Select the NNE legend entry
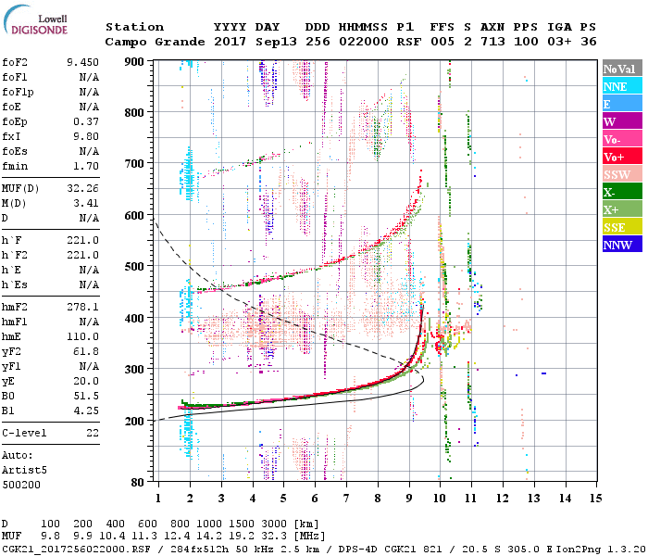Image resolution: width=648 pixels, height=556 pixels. point(621,86)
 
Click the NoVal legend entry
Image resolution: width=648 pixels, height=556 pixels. point(621,69)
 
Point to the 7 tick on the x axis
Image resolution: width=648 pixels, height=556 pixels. point(346,498)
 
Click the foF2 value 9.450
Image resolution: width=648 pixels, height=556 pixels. point(82,62)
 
